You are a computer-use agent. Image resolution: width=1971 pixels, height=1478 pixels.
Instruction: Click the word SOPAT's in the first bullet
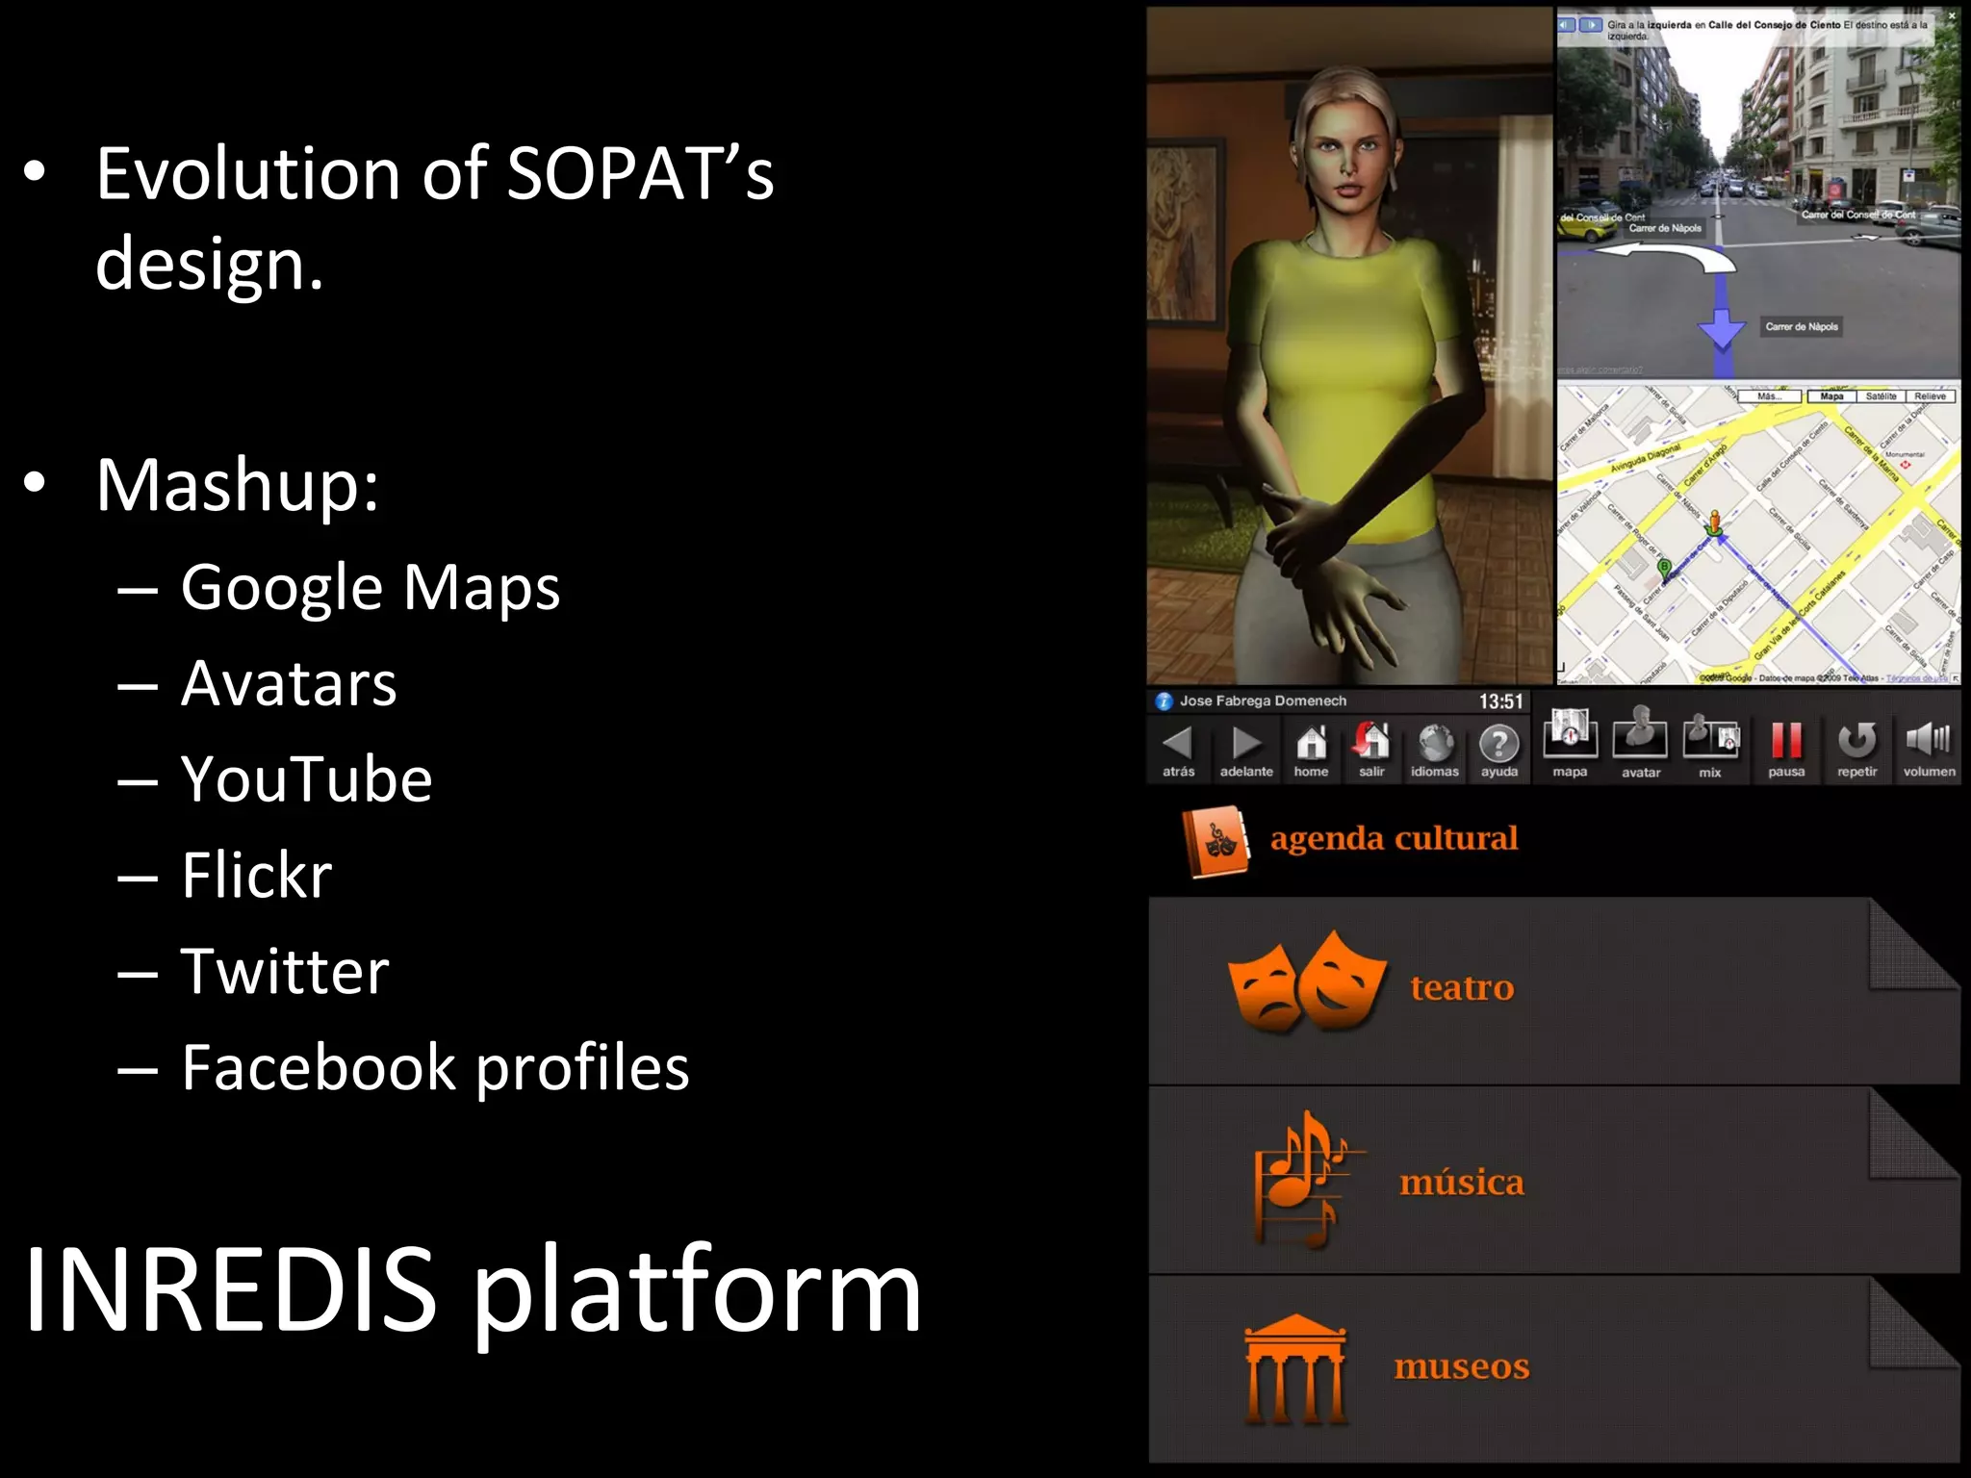639,174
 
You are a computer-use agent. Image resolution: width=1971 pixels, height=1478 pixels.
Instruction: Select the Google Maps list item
371,587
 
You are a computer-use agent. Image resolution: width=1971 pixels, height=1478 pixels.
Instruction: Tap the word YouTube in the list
306,778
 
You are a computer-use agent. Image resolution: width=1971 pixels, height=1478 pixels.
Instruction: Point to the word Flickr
256,875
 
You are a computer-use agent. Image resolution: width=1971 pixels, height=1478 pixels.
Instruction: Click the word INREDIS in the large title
231,1289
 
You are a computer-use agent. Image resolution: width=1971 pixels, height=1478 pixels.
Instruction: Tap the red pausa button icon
1786,741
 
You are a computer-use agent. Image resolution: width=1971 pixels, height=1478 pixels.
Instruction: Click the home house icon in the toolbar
1311,742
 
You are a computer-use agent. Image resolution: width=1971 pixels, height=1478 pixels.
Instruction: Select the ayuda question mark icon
1498,743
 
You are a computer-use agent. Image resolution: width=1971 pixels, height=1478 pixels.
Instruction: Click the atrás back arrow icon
1178,742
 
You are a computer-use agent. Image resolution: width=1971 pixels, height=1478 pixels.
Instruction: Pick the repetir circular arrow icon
1856,741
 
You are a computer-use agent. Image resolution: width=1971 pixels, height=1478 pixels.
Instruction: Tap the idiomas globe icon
1435,743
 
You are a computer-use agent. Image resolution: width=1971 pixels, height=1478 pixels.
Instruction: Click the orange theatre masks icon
1306,981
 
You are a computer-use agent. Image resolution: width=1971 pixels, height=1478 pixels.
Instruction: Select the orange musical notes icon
1304,1179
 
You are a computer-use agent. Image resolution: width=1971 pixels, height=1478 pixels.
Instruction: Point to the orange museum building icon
1295,1368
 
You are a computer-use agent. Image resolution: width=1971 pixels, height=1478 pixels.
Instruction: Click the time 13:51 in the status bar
1500,701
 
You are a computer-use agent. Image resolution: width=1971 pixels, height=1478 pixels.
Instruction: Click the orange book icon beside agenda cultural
1216,842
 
